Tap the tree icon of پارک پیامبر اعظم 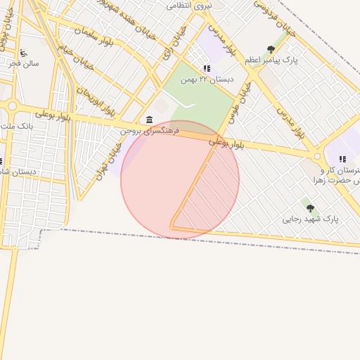coord(271,49)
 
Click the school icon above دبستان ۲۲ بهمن coord(207,68)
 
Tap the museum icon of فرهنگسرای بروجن coord(150,120)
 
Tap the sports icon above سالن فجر coord(23,53)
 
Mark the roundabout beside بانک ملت coord(12,106)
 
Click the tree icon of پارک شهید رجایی coord(310,208)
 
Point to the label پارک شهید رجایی coord(310,219)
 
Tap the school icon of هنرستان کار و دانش coord(342,160)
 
